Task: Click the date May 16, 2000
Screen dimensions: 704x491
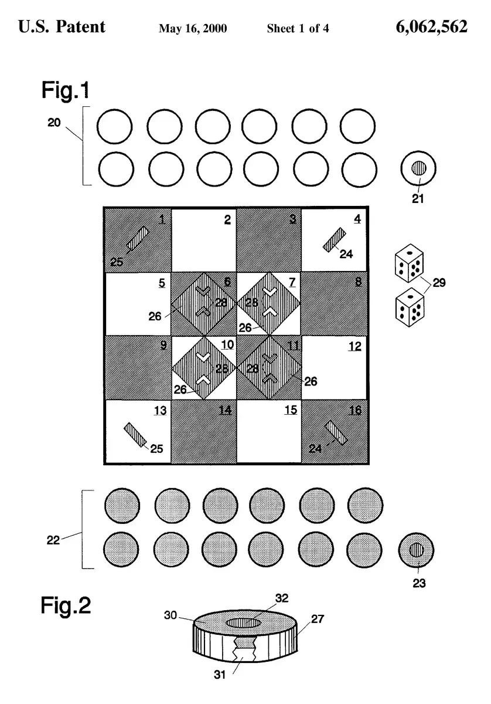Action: [193, 28]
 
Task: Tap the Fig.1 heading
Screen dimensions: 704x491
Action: [66, 90]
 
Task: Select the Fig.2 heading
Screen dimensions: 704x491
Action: [66, 605]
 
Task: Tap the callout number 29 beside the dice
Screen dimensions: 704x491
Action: [439, 283]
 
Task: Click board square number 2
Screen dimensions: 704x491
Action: [204, 241]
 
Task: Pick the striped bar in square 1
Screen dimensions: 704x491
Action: [138, 239]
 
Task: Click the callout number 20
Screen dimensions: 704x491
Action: [54, 123]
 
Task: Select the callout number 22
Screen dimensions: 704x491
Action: [54, 540]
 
